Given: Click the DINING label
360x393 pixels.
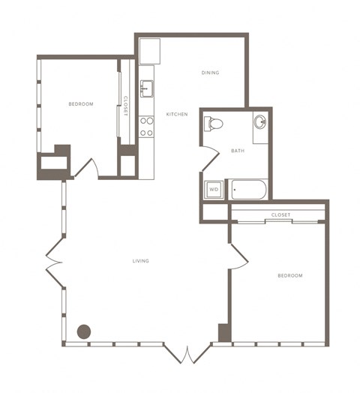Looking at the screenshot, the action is pos(210,73).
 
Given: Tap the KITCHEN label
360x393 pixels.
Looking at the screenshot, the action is pos(177,114).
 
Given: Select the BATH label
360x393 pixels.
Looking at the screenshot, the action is pos(238,151).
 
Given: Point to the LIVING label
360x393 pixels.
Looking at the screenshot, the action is pos(141,261).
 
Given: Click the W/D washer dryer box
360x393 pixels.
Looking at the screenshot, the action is pos(214,190).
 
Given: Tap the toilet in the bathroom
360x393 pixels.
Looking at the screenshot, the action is pos(213,124).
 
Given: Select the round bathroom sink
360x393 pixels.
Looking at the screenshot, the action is pos(260,121).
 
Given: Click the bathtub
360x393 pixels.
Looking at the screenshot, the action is pos(248,190).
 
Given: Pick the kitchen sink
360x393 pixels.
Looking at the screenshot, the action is pos(147,88).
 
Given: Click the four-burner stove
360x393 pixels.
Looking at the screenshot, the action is pos(146,127).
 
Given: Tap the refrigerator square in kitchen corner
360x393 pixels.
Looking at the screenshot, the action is pos(150,51).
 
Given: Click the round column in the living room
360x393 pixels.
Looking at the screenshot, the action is pos(84,331).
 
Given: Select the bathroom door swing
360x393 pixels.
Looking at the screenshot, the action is pos(211,158).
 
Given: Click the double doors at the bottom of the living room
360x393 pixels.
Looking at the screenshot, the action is pos(187,354).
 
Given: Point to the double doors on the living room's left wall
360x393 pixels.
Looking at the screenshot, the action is pos(54,262).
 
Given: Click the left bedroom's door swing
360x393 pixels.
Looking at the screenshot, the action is pos(86,169).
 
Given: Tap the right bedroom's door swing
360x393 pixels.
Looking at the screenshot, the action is pos(239,256).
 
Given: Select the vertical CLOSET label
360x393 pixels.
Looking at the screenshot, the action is pos(125,106).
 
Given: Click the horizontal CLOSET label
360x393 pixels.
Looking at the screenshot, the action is pos(280,214).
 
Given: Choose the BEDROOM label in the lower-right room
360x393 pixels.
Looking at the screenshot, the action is pos(290,276).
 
